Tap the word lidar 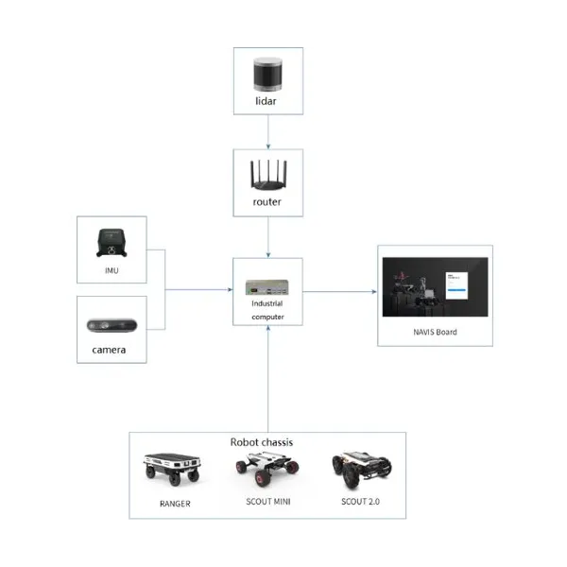pyautogui.click(x=269, y=100)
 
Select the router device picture pyautogui.click(x=268, y=176)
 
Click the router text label pyautogui.click(x=268, y=202)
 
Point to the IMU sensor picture pyautogui.click(x=112, y=243)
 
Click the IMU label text pyautogui.click(x=112, y=270)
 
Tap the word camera pyautogui.click(x=112, y=352)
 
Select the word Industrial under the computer pyautogui.click(x=267, y=304)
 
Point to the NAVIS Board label pyautogui.click(x=435, y=332)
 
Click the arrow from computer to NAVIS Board pyautogui.click(x=340, y=292)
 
